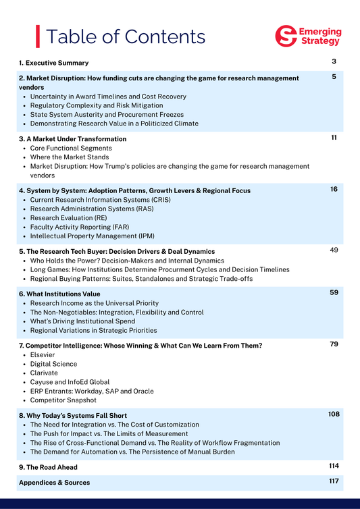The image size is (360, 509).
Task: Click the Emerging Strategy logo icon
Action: pos(286,36)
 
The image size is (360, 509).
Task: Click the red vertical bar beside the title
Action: pos(38,36)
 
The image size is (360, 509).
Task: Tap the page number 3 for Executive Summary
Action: pos(334,62)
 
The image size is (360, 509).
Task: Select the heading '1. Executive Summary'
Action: pos(53,63)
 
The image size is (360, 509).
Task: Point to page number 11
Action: pos(334,138)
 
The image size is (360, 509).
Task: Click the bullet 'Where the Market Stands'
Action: pos(70,157)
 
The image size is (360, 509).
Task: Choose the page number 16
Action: pos(334,189)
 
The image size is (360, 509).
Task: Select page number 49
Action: pos(334,250)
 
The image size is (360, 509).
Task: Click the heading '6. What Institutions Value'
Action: pos(59,294)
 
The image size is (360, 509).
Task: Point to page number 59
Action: pos(334,293)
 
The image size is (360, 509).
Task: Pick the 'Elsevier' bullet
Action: pos(45,355)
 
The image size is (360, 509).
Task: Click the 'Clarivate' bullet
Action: pos(45,373)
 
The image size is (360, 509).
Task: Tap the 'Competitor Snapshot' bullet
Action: pos(63,400)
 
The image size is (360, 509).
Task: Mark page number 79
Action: pos(334,344)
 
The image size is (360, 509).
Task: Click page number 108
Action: pos(334,414)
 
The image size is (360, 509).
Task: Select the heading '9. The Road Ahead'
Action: pos(48,467)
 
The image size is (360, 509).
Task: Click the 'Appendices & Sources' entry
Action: pos(54,483)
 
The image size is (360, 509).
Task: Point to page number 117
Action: pos(334,481)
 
